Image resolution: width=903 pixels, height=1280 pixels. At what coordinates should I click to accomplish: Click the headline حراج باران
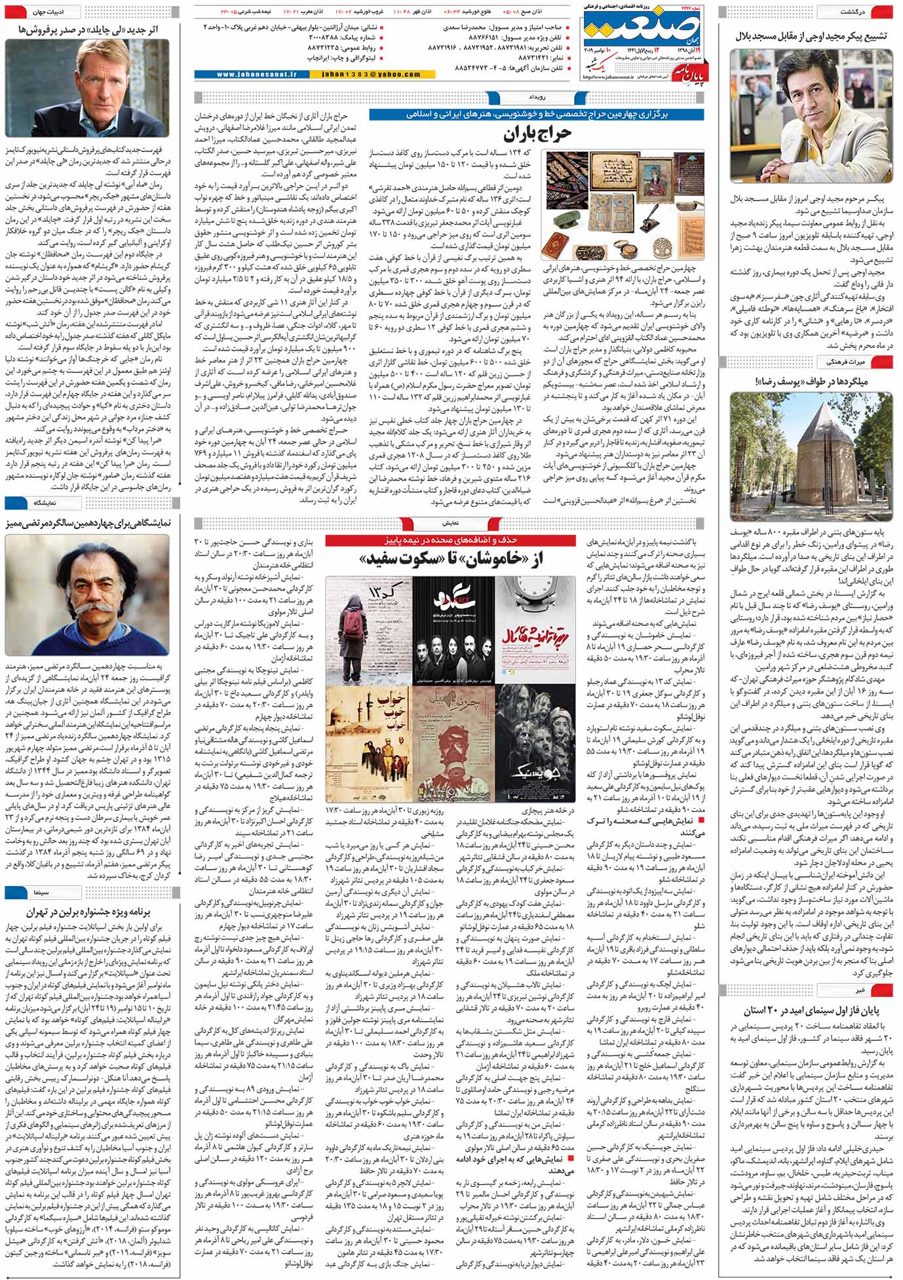tap(538, 135)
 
